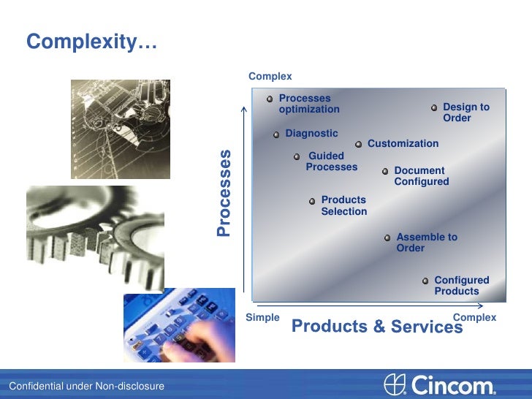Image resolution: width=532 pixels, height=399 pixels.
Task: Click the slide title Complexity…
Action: click(x=91, y=43)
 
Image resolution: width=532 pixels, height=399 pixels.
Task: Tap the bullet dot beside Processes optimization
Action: click(x=270, y=98)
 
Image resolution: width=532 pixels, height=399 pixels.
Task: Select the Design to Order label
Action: click(x=465, y=113)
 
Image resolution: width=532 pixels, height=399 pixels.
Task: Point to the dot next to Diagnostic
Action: click(x=276, y=134)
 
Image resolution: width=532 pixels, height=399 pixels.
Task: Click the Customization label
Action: click(x=403, y=144)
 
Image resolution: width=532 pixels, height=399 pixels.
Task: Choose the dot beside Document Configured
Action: click(x=385, y=172)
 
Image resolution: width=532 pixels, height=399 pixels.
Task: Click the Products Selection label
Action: click(x=343, y=205)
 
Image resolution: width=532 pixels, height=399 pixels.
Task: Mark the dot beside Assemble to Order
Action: click(x=387, y=237)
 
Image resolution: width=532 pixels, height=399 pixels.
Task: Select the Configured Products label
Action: click(x=461, y=286)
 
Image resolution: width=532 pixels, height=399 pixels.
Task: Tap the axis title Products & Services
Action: click(x=377, y=327)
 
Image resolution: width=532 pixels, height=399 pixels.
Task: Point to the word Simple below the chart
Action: click(x=262, y=317)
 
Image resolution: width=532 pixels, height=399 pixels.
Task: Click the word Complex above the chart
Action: click(x=270, y=76)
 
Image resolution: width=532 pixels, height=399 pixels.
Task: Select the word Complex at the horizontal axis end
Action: click(x=474, y=317)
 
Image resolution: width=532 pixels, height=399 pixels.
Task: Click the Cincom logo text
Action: click(x=453, y=385)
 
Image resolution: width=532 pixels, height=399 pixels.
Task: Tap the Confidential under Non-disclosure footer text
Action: click(x=86, y=386)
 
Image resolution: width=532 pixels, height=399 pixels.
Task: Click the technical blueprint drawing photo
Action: click(x=120, y=129)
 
